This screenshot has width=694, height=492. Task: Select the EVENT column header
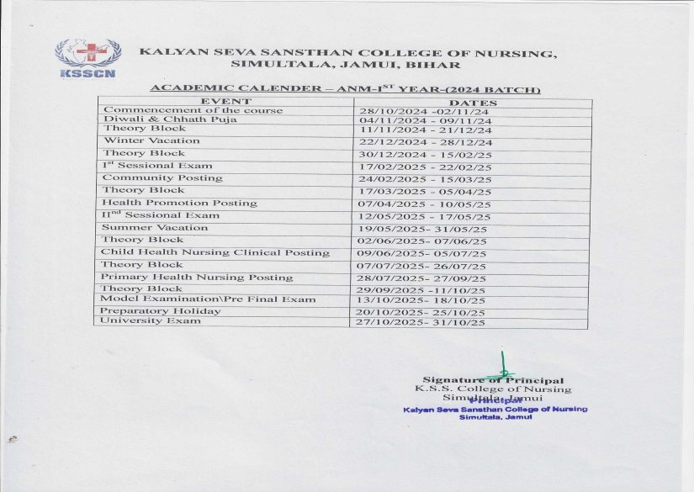click(x=225, y=102)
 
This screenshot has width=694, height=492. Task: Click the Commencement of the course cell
click(x=193, y=110)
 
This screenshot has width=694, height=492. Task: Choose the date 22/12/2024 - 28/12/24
click(x=426, y=143)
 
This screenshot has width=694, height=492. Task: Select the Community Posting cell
click(x=162, y=178)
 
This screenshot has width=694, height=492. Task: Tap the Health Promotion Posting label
click(x=179, y=203)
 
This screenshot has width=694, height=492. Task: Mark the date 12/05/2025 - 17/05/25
click(x=425, y=217)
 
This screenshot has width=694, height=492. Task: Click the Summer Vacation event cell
click(x=155, y=227)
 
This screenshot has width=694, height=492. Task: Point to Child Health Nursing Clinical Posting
click(x=215, y=252)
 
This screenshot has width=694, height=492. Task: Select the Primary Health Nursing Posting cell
click(x=197, y=277)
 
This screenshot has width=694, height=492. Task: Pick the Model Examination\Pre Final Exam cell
click(x=209, y=299)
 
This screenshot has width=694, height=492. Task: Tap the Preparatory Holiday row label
click(x=161, y=311)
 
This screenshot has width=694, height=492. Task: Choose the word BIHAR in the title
click(x=438, y=65)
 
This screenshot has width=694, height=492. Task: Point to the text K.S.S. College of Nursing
click(x=493, y=389)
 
